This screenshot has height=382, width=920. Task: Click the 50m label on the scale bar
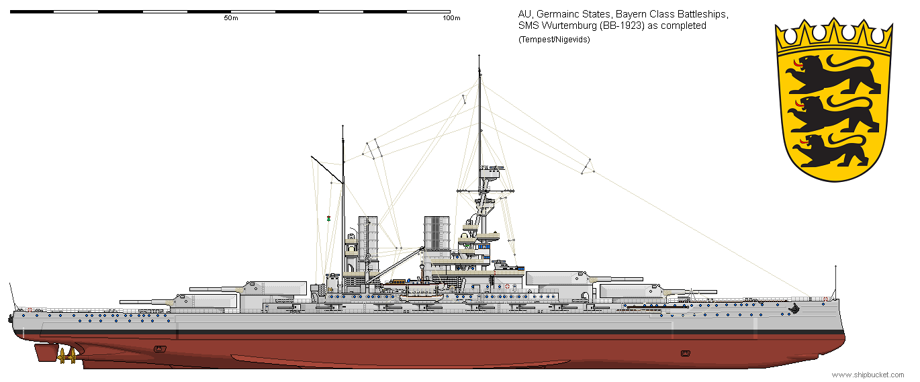[230, 18]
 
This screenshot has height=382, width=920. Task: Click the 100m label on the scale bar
[452, 18]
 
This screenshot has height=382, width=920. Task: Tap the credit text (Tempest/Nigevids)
[553, 40]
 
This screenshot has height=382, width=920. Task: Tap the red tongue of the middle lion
[798, 103]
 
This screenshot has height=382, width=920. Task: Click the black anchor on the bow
[796, 309]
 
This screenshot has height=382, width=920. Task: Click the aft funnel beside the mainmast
[367, 238]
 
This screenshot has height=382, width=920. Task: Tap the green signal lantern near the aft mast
[328, 219]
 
